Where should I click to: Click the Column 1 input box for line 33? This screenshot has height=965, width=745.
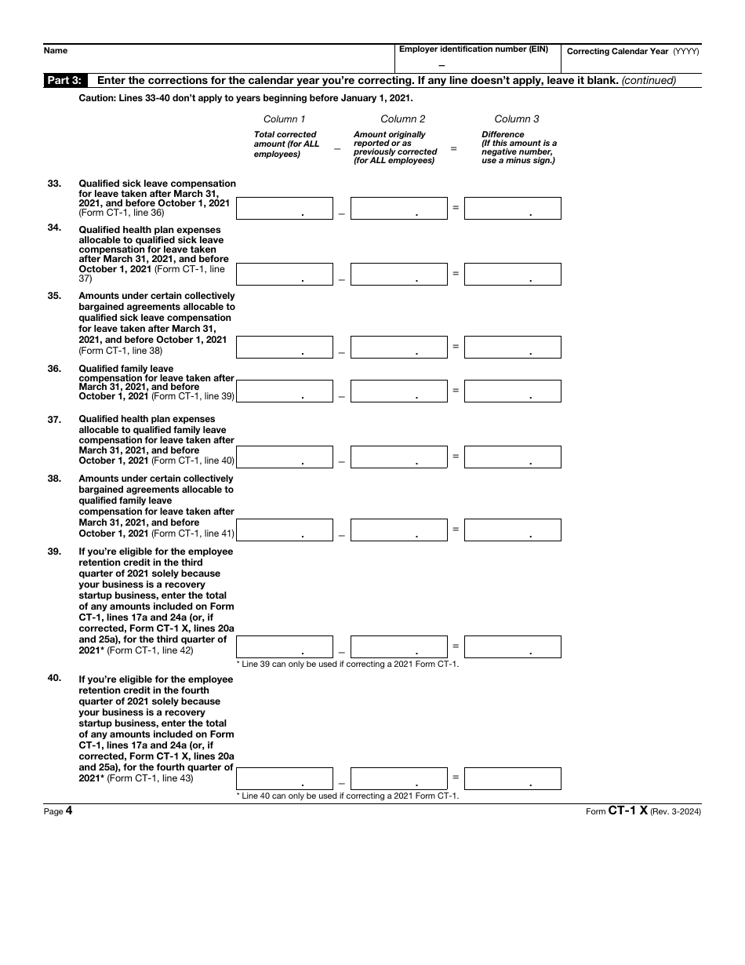(x=284, y=208)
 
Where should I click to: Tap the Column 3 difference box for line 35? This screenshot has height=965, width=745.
(x=513, y=347)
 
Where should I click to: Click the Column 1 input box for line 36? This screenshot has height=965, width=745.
(x=284, y=391)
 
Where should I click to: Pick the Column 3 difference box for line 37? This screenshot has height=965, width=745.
(x=513, y=457)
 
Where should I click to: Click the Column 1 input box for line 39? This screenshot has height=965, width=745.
(x=284, y=646)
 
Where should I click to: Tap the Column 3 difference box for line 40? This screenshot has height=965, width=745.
(x=513, y=778)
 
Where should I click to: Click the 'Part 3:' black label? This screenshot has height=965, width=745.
(x=67, y=80)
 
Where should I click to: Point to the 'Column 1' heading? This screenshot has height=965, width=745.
(x=285, y=119)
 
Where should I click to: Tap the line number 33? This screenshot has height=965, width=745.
(x=54, y=184)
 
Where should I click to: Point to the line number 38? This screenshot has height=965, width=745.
(x=54, y=479)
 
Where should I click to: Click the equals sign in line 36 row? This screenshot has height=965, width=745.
(x=456, y=389)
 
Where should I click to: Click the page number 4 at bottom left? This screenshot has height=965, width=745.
(x=69, y=811)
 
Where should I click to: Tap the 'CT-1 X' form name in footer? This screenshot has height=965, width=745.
(x=627, y=811)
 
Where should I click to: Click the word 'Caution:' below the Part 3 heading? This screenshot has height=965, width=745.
(x=96, y=98)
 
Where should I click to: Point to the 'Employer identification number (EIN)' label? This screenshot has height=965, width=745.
(x=474, y=49)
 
